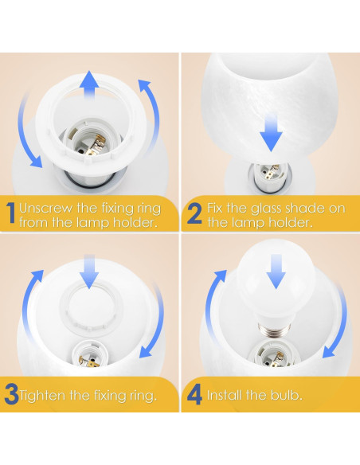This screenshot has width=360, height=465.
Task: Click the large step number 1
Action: click(x=11, y=213)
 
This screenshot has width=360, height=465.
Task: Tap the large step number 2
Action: click(x=194, y=213)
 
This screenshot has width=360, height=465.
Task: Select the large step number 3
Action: click(x=12, y=395)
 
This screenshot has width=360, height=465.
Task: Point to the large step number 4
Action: click(x=195, y=395)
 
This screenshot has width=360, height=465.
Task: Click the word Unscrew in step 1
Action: click(x=46, y=208)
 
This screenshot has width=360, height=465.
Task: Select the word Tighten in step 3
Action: click(x=42, y=396)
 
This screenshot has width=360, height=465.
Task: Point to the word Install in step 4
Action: click(x=225, y=395)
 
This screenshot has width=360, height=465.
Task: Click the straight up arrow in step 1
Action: click(x=89, y=84)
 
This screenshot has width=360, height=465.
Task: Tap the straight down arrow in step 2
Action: click(x=271, y=132)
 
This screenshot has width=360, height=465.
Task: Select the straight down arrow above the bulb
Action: click(x=276, y=272)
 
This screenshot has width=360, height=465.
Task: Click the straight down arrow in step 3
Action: click(x=89, y=272)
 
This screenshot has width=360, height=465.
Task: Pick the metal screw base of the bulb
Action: click(x=273, y=328)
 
